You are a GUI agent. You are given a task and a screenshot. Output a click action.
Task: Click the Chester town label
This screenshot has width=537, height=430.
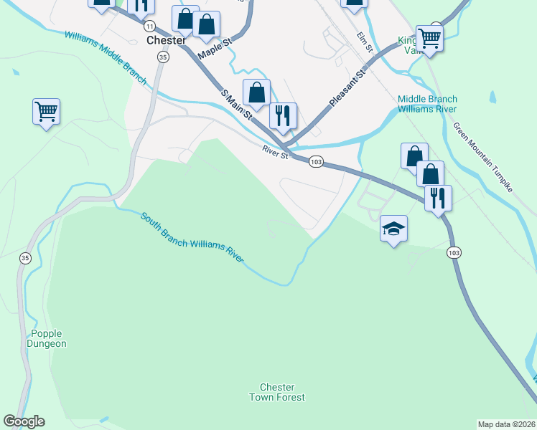[167, 41]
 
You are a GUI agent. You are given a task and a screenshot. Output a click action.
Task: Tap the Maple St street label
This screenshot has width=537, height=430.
[216, 48]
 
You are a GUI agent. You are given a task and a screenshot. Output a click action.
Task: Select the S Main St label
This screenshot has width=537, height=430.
[237, 104]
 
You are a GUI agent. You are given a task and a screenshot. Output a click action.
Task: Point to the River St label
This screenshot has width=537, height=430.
[275, 152]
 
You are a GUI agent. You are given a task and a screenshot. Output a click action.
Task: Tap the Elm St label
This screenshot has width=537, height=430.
[365, 42]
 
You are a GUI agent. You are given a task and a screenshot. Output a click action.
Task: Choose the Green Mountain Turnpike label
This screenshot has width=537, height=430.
[482, 157]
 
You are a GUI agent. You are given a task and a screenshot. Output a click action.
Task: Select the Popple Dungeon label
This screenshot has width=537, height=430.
[48, 338]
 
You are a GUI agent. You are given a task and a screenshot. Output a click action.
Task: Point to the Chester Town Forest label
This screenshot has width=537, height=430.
[277, 392]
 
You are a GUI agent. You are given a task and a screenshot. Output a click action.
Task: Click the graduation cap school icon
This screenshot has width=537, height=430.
[393, 229]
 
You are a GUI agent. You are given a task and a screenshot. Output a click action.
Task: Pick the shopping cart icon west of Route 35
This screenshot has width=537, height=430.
[46, 112]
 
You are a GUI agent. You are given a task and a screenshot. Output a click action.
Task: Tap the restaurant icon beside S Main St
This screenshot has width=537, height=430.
[283, 115]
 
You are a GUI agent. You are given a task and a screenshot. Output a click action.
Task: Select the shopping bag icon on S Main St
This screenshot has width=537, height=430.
[256, 92]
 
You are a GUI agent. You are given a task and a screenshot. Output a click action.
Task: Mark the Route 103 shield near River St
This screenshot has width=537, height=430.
[316, 162]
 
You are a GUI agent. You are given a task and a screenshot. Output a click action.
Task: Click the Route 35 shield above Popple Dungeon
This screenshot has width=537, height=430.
[25, 259]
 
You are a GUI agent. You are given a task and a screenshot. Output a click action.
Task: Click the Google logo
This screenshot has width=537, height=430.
[24, 421]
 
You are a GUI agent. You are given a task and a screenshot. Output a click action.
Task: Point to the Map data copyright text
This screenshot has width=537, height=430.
[507, 424]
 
